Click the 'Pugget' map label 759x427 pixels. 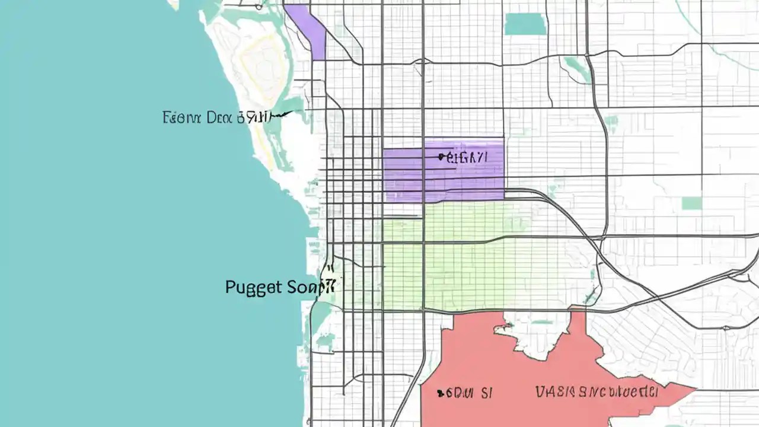(x=253, y=287)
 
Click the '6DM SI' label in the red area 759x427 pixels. (x=465, y=393)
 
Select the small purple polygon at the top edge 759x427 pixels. (x=309, y=30)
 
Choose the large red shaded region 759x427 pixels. (x=504, y=380)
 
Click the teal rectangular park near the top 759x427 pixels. (x=525, y=24)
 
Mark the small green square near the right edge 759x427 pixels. (x=691, y=203)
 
